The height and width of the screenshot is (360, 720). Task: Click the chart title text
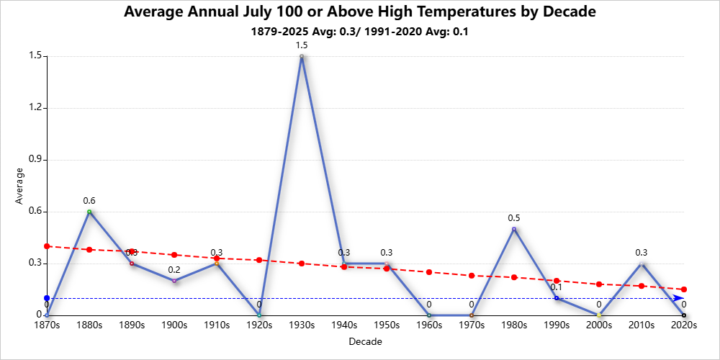pos(360,13)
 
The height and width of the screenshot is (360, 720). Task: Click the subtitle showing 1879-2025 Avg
pos(360,32)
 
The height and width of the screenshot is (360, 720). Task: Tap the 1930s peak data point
pos(302,56)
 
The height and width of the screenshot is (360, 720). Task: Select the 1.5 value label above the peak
pos(302,45)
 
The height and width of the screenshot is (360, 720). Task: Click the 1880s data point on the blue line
pos(89,212)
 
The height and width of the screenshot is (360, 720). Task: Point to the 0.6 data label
pos(89,201)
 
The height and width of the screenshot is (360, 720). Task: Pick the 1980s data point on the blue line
pos(514,229)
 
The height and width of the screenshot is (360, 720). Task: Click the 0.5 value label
pos(514,218)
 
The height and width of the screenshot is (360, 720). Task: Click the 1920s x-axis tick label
pos(259,325)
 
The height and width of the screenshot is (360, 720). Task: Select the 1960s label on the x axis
pos(429,325)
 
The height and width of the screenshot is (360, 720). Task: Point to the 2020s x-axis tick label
pos(684,325)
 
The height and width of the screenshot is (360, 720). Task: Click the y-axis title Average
pos(20,186)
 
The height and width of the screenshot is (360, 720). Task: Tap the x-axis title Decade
pos(364,342)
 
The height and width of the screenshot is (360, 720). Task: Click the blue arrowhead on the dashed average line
pos(678,298)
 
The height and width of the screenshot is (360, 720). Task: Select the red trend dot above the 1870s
pos(47,246)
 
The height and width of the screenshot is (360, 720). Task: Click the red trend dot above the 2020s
pos(684,289)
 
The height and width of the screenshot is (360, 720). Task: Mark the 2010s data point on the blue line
pos(642,264)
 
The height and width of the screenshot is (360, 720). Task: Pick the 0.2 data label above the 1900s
pos(174,270)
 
